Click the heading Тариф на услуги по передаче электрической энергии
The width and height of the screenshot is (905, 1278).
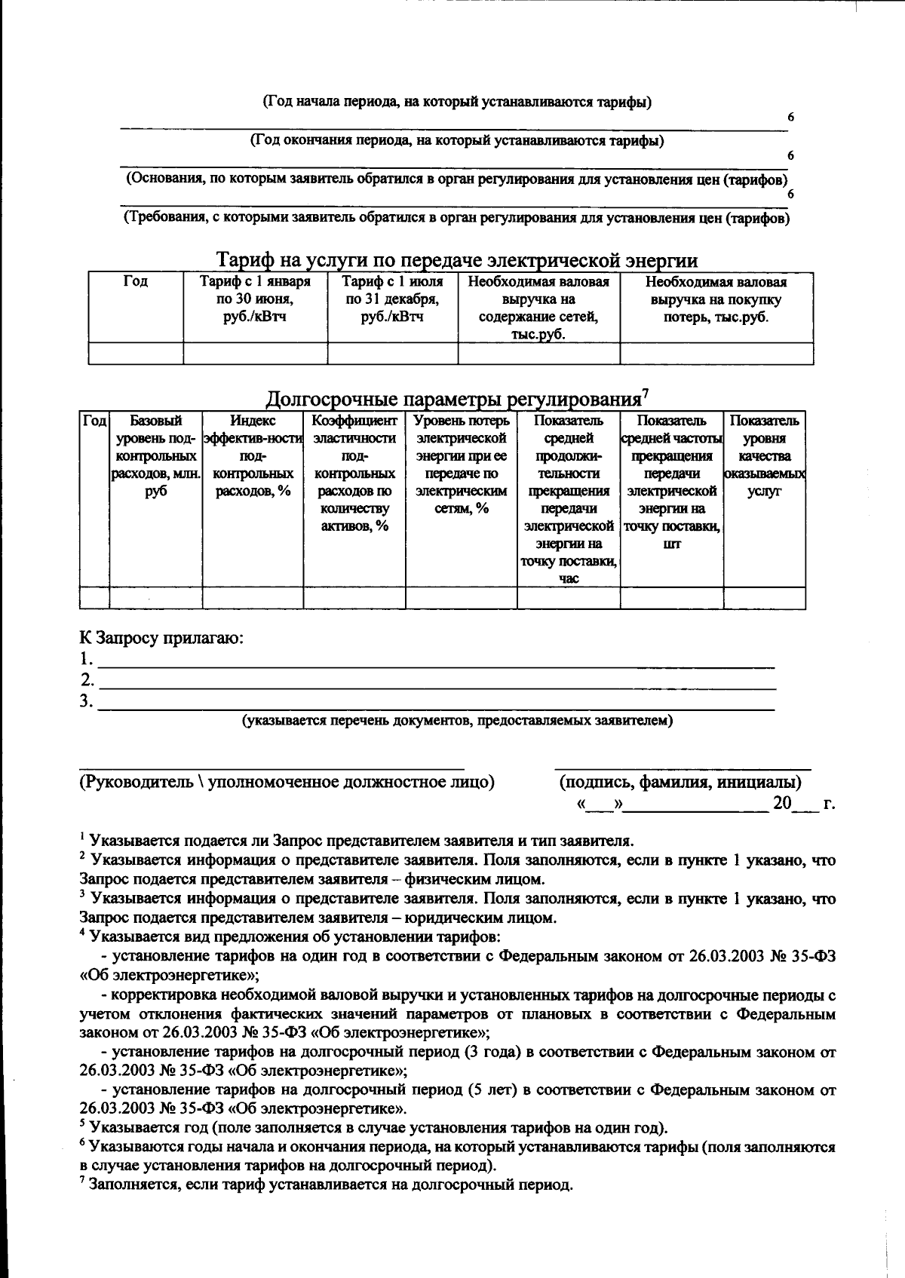tap(456, 261)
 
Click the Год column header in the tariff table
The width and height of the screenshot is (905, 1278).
tap(136, 282)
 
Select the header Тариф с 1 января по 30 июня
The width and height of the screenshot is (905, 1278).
tap(255, 299)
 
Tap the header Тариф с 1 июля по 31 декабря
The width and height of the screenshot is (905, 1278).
tap(392, 299)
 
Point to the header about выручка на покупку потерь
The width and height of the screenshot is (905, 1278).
tap(716, 299)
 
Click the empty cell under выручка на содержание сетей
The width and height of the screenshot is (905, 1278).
tap(538, 353)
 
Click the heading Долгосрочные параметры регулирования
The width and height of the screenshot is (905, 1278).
tap(456, 398)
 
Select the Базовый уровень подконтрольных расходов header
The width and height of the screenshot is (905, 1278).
tap(155, 456)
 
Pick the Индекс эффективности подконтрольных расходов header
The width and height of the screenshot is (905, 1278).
tap(253, 456)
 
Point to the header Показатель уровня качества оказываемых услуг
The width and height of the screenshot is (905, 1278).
tap(764, 456)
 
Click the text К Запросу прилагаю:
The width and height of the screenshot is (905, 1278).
tap(162, 638)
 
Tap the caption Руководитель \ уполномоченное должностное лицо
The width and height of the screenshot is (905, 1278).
tap(287, 782)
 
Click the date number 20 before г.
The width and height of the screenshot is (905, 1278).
tap(781, 803)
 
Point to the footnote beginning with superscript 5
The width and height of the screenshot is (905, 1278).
tap(377, 1128)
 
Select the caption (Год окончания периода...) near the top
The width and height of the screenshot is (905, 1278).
tap(457, 141)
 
